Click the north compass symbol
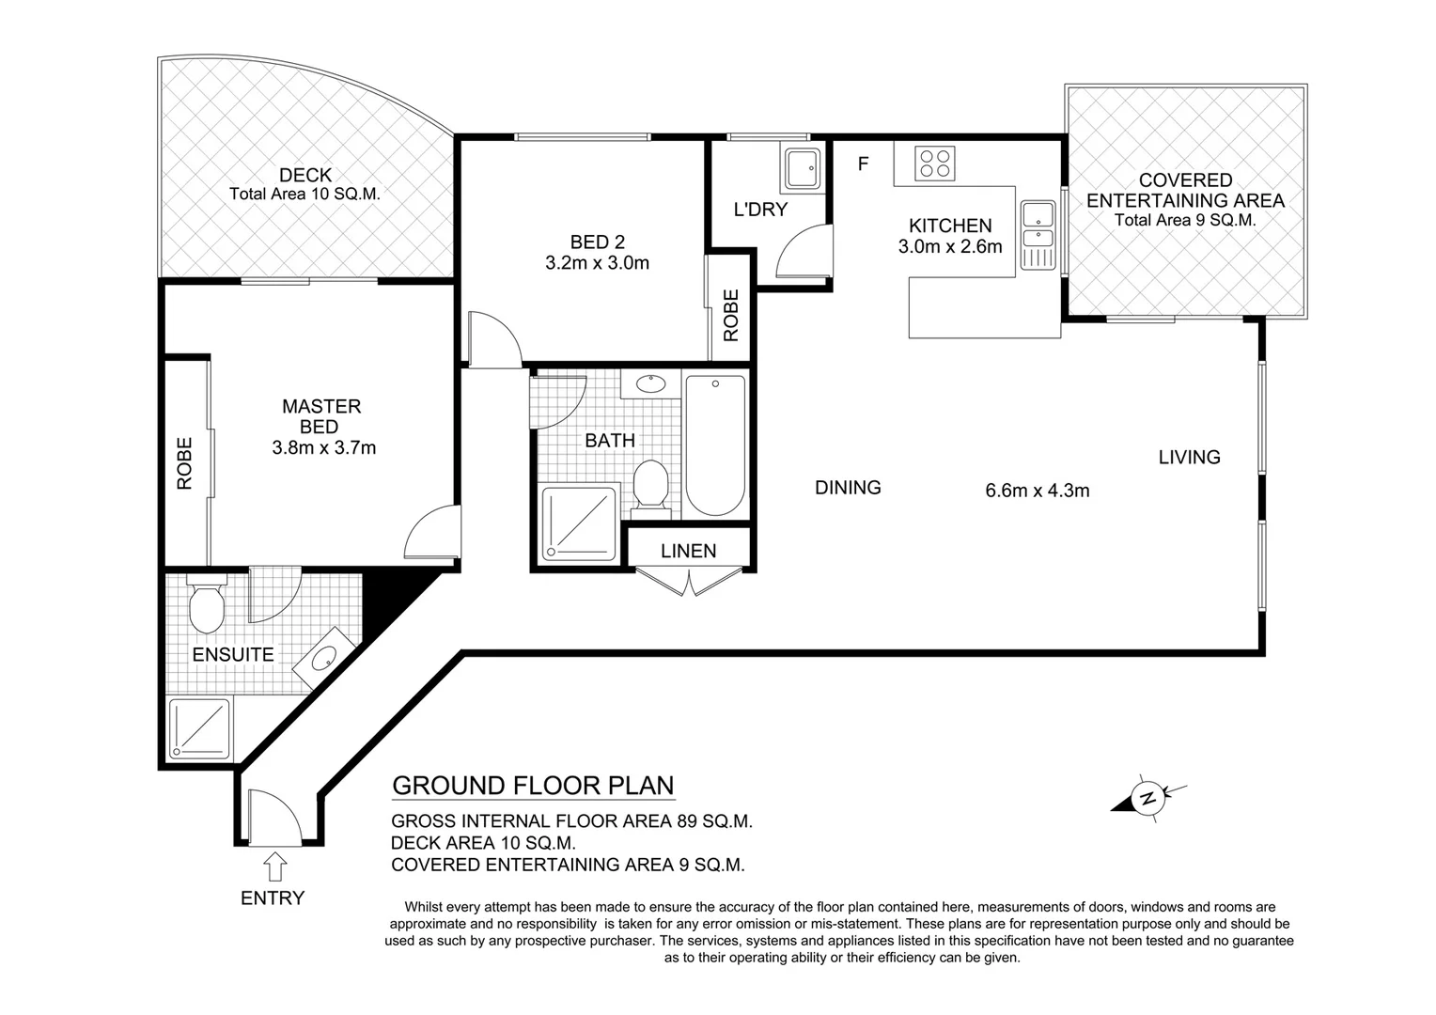[1147, 800]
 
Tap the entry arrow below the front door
[274, 866]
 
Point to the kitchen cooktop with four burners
[936, 164]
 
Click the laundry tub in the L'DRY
[803, 170]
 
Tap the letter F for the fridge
[863, 164]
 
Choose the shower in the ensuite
[199, 730]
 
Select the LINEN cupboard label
[688, 551]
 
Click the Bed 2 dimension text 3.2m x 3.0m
[597, 263]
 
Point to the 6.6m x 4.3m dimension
[1037, 490]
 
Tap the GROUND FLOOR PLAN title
[533, 786]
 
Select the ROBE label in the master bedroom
[184, 463]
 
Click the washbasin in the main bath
[650, 384]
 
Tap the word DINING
[848, 487]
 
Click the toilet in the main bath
[650, 485]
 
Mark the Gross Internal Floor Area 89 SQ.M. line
[571, 820]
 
